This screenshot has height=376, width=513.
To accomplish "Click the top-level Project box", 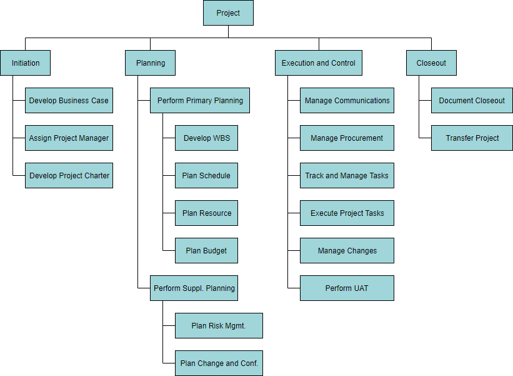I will (x=228, y=13).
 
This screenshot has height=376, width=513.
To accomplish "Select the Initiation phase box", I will (x=25, y=63).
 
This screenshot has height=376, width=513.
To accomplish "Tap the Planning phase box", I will (x=150, y=63).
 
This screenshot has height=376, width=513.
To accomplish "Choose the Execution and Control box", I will (x=318, y=63).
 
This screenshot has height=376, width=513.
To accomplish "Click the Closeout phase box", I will (x=431, y=63).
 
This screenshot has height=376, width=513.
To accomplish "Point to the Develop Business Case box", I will (x=69, y=101).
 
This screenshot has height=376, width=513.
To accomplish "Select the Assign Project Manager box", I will (x=69, y=138).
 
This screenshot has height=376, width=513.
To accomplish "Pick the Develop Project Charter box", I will (x=69, y=176).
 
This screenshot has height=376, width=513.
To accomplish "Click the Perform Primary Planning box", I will (x=200, y=101).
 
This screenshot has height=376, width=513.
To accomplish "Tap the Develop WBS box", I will (x=206, y=138).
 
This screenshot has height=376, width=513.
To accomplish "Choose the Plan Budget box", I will (x=206, y=251).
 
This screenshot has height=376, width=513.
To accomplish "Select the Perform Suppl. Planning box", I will (x=194, y=288).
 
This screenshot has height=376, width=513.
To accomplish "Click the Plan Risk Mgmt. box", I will (x=219, y=326).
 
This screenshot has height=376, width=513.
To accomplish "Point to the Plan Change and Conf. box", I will (x=219, y=363).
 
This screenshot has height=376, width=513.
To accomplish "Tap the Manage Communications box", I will (x=347, y=101).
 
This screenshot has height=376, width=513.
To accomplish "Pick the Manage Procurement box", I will (x=347, y=138).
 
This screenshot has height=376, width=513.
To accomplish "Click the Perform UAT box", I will (x=347, y=288).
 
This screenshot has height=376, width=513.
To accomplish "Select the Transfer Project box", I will (x=472, y=138).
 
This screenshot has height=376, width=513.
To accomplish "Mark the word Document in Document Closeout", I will (x=455, y=101).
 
